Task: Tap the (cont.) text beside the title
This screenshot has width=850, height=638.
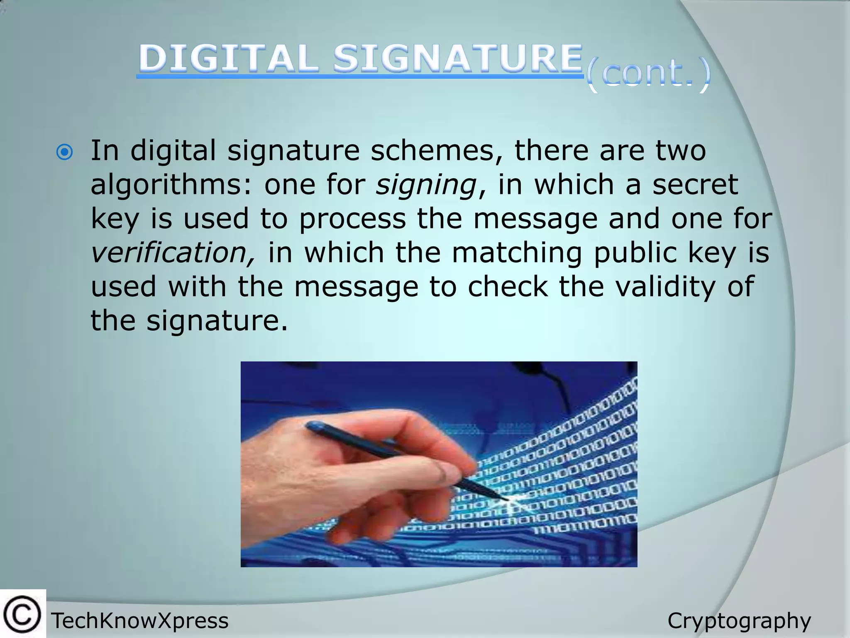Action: click(x=648, y=75)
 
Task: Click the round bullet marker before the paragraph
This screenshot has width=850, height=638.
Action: click(x=64, y=152)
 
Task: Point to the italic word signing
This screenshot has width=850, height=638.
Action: click(x=426, y=185)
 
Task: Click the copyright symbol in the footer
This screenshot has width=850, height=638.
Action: click(x=22, y=614)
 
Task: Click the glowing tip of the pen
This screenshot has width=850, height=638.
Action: click(x=510, y=500)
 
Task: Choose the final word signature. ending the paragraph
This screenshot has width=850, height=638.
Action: click(x=217, y=321)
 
